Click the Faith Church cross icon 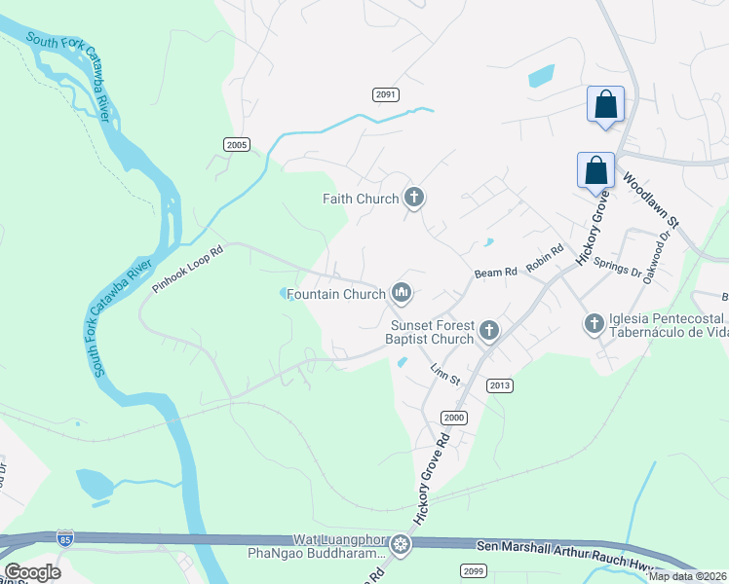[414, 199]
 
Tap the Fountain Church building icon [401, 292]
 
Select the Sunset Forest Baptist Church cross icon [488, 332]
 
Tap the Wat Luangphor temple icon [400, 545]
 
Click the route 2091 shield [387, 93]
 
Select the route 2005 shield [237, 144]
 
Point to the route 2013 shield [500, 385]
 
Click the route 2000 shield [453, 417]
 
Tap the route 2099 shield [474, 570]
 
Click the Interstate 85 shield [65, 537]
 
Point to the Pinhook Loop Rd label [188, 270]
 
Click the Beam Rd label [496, 274]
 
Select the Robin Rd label [545, 257]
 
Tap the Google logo [32, 572]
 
